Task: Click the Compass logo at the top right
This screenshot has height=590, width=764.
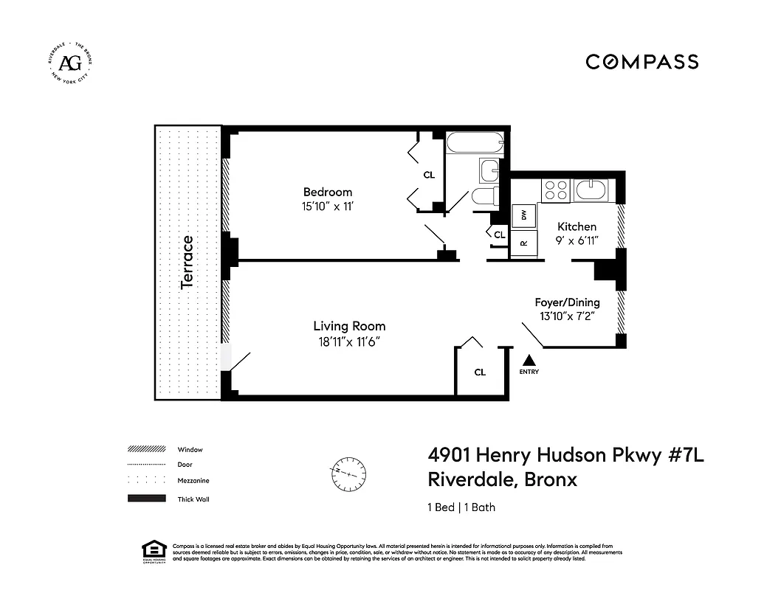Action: [641, 62]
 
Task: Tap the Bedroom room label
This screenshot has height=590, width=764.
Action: [328, 192]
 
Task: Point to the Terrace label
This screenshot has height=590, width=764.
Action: [187, 262]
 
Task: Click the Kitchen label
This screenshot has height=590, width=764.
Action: [577, 226]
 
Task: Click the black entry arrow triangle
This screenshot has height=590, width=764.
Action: [529, 361]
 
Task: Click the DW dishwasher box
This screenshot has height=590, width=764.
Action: [524, 215]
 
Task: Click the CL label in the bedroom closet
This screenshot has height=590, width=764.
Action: [429, 175]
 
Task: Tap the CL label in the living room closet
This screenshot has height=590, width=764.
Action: [480, 372]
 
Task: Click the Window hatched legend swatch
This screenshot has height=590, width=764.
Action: [146, 449]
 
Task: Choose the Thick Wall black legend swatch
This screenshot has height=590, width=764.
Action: [146, 499]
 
